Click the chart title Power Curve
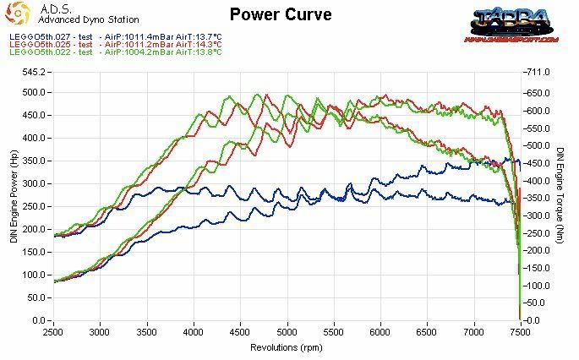(x=280, y=14)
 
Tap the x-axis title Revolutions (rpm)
(x=286, y=347)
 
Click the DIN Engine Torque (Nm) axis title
(x=560, y=195)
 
